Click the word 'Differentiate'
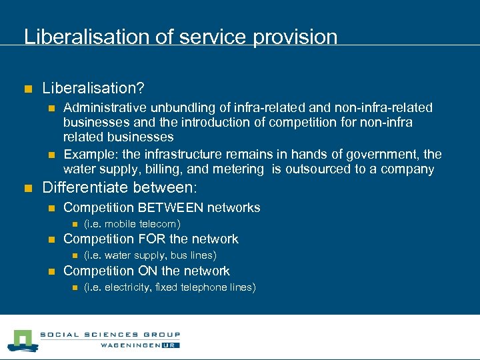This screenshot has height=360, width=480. click(86, 188)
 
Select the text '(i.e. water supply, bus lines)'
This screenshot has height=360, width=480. click(150, 255)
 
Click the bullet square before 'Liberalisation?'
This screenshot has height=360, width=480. click(27, 88)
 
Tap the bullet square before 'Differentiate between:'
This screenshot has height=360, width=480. click(27, 189)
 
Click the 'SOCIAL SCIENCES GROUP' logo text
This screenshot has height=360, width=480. click(109, 335)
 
